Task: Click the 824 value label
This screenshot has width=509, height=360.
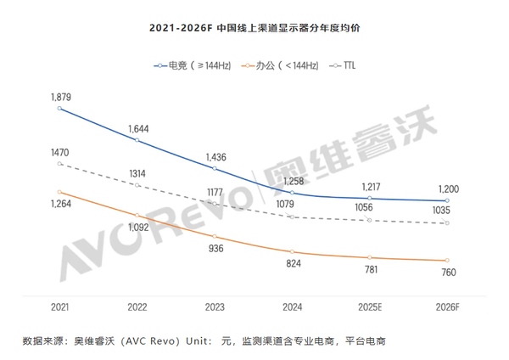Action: (x=293, y=265)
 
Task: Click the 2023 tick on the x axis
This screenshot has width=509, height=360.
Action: (x=215, y=306)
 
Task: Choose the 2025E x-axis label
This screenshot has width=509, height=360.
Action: (x=371, y=306)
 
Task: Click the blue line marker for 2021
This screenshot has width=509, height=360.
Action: (x=59, y=108)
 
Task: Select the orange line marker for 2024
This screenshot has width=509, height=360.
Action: (x=293, y=251)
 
